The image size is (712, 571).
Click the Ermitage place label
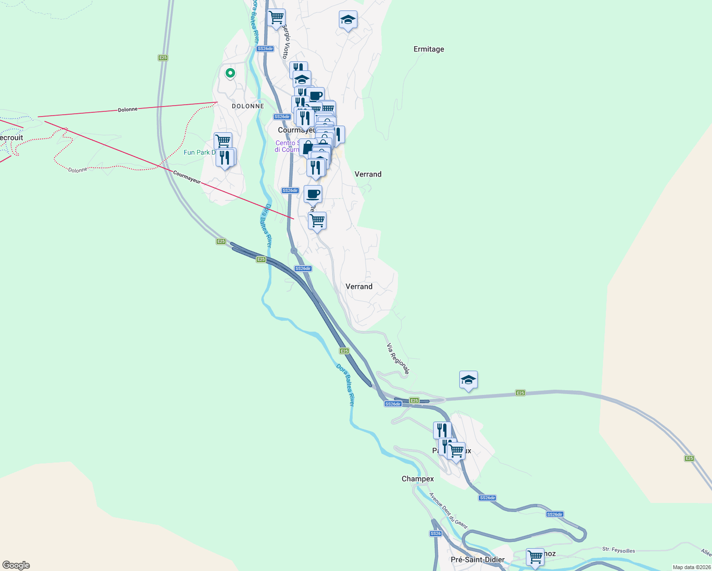click(428, 49)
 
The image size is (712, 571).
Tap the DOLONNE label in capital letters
click(247, 106)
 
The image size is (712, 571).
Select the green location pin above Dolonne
click(230, 73)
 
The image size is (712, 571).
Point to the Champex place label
click(417, 479)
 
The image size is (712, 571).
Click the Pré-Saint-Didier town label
click(477, 560)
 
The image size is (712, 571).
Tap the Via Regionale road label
click(398, 359)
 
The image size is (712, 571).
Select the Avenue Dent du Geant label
click(448, 511)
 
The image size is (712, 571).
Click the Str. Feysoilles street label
click(618, 550)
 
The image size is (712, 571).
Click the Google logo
click(16, 565)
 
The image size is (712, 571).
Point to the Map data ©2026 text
click(691, 567)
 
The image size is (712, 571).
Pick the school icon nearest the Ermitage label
click(348, 20)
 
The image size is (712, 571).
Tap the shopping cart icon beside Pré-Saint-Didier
click(535, 556)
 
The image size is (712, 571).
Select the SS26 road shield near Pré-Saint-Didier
click(435, 533)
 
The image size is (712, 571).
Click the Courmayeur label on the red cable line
click(187, 177)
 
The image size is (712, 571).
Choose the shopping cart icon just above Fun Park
click(223, 141)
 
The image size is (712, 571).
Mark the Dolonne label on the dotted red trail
click(78, 170)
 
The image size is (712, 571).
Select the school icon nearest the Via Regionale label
click(468, 380)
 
